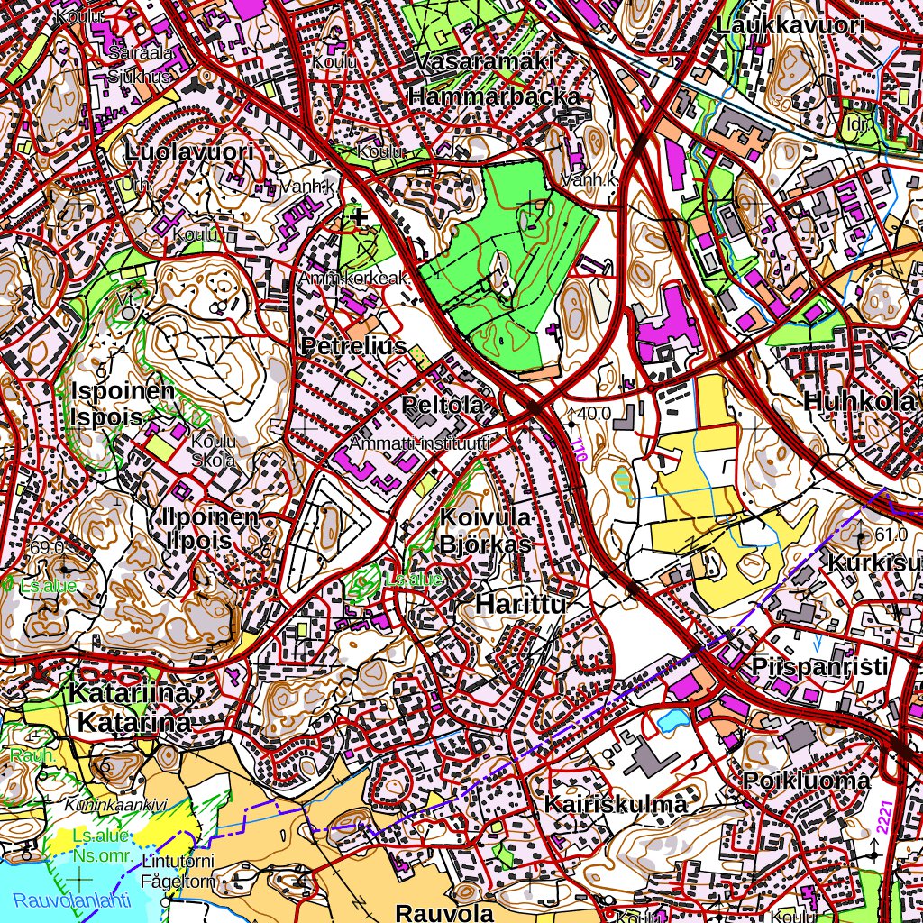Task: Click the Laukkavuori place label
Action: (790, 25)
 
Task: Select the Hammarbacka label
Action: (495, 96)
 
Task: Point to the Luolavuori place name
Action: (189, 151)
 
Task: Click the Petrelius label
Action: (354, 346)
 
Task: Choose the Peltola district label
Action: (443, 405)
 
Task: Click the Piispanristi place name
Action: (820, 667)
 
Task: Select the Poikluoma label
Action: (807, 780)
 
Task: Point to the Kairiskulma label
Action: (616, 804)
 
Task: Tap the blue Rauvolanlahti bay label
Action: (72, 900)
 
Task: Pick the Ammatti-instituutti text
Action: (420, 443)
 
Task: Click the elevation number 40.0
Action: (595, 414)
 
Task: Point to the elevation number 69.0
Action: (47, 547)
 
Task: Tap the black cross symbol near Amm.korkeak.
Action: (360, 216)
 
